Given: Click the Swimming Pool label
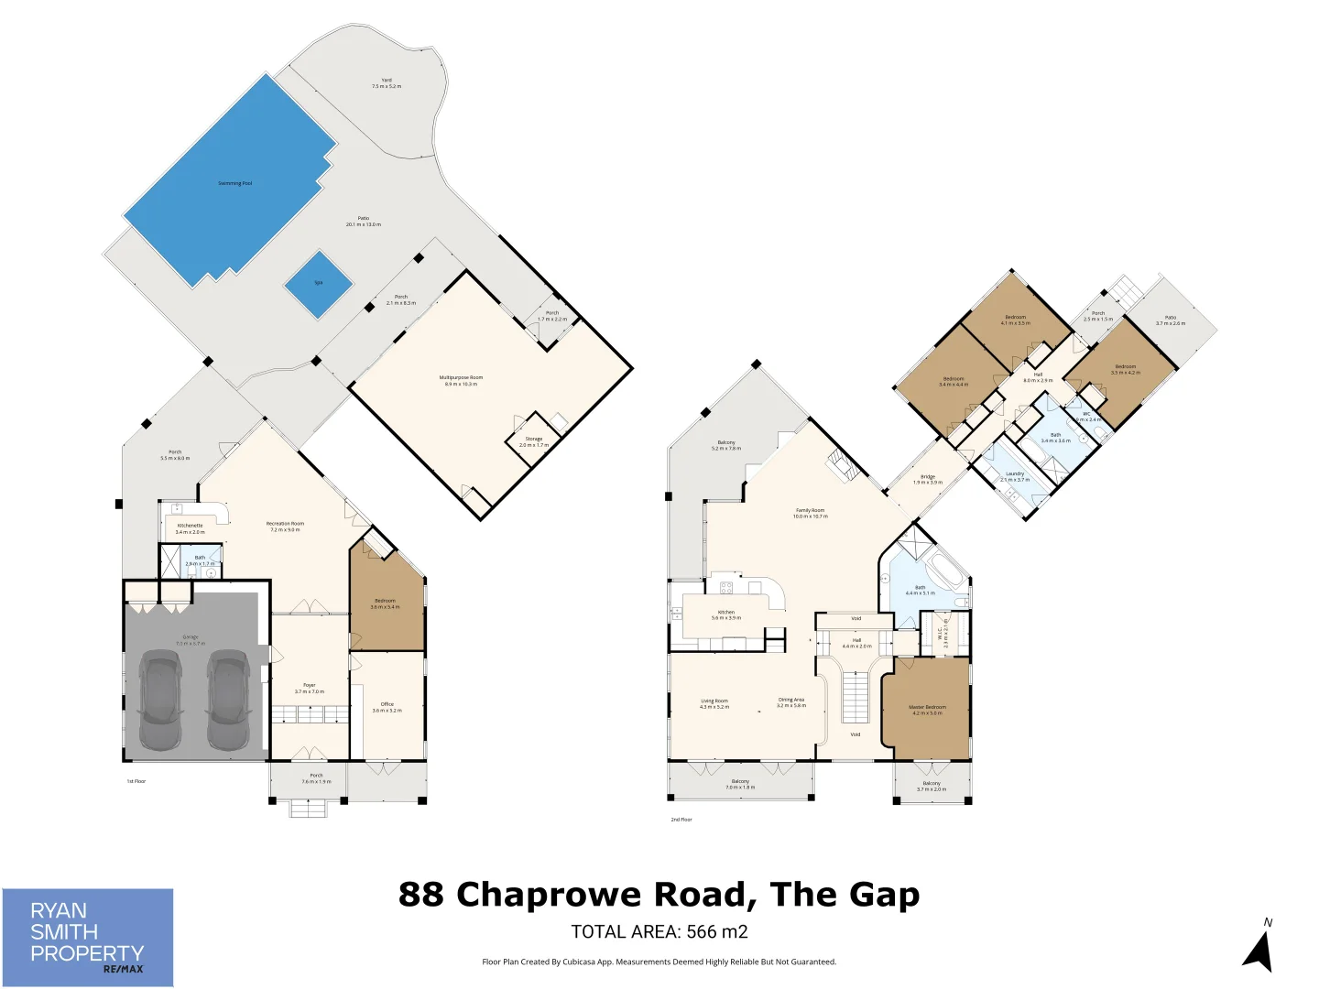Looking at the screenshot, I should point(234,183).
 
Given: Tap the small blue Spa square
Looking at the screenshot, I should point(319,284).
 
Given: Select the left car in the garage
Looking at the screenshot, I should point(160,701).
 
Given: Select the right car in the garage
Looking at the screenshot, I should point(227,701).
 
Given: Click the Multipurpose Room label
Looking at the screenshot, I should point(461,378).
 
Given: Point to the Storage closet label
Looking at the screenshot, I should point(534,440).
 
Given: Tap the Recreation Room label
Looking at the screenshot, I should point(286,525).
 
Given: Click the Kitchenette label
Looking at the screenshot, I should point(191,527).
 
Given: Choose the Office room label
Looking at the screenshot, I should point(387,705).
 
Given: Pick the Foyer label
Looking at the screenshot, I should point(310,686).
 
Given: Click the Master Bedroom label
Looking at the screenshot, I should point(927,708).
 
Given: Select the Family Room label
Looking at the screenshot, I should point(810,511).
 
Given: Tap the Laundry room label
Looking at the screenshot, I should point(1015,474).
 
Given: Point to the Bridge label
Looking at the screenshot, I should point(928,477).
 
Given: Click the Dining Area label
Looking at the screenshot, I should point(791,701).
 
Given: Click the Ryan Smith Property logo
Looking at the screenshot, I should point(88,938).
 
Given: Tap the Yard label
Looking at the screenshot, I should point(387,81).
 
